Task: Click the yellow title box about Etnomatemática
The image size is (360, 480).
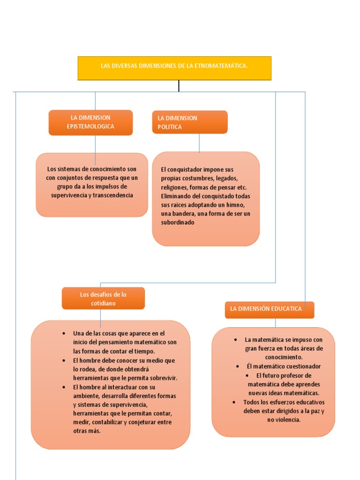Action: [x=174, y=68]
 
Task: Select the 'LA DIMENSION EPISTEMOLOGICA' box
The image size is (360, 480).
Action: [x=90, y=122]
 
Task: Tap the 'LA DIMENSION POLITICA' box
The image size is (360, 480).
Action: [x=190, y=122]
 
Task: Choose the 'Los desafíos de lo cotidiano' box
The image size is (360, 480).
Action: [x=103, y=299]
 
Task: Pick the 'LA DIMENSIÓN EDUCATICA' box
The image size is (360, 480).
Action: [x=269, y=309]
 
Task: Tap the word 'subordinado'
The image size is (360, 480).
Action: [x=178, y=223]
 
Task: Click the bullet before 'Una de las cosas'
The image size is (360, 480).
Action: [x=63, y=333]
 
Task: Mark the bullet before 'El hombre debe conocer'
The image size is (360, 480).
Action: [x=63, y=360]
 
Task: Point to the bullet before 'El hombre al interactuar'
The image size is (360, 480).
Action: [x=63, y=387]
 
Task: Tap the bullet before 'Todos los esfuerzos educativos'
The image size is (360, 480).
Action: [x=234, y=402]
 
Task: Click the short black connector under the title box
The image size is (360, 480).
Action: [x=179, y=86]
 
